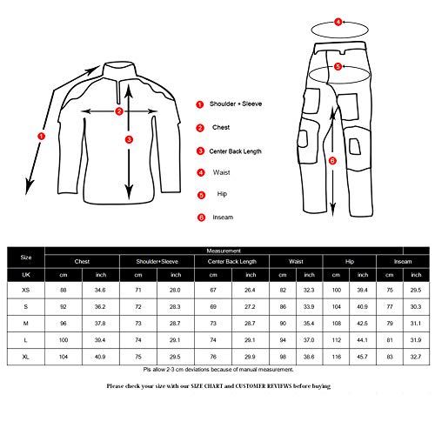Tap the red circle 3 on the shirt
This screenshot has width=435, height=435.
[x=129, y=138]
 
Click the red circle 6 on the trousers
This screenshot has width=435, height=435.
[x=331, y=160]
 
